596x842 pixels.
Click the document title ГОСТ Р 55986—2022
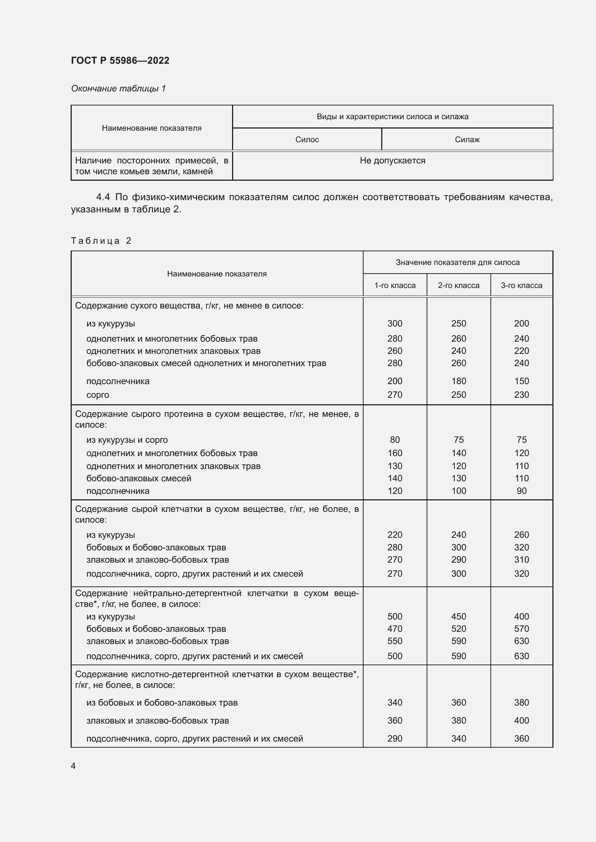[120, 60]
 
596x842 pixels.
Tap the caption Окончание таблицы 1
[118, 89]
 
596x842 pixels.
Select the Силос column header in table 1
[307, 139]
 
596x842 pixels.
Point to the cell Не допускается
[392, 161]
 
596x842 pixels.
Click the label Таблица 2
[101, 240]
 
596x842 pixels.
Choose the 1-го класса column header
[395, 285]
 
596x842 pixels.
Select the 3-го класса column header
[521, 285]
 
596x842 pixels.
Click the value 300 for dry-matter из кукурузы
[395, 324]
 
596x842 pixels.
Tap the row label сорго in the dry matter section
[98, 395]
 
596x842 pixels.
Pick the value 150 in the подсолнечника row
[521, 381]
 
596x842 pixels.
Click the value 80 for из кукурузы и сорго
[395, 440]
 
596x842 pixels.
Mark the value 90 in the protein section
[521, 491]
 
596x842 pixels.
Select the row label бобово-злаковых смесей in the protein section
[139, 478]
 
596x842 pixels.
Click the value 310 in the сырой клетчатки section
[521, 560]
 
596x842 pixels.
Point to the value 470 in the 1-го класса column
[395, 629]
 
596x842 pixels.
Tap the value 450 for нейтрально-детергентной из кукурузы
[458, 616]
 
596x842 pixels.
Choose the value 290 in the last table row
[395, 739]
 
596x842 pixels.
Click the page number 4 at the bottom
[73, 766]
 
